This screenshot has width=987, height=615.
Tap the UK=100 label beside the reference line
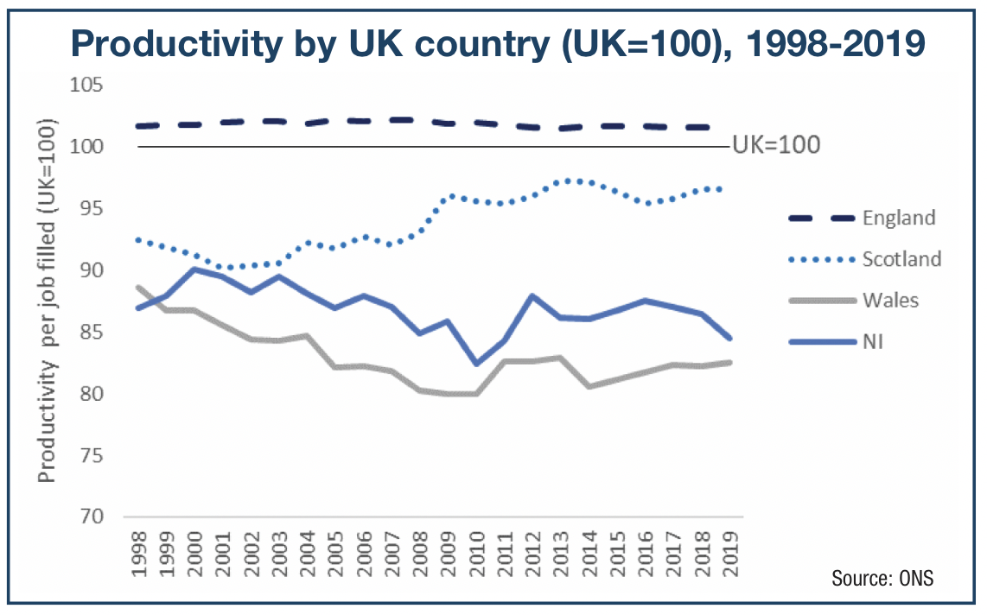pyautogui.click(x=775, y=144)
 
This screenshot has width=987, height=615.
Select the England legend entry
pyautogui.click(x=898, y=218)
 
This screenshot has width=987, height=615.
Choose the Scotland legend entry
pyautogui.click(x=901, y=258)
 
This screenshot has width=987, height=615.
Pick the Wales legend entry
pyautogui.click(x=889, y=300)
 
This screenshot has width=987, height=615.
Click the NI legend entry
pyautogui.click(x=873, y=341)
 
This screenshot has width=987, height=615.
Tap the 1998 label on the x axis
pyautogui.click(x=138, y=556)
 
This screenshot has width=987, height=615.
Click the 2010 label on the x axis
pyautogui.click(x=477, y=556)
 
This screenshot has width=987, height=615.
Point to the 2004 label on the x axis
pyautogui.click(x=308, y=556)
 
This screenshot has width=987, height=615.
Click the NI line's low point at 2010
pyautogui.click(x=476, y=364)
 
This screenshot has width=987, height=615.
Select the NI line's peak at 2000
pyautogui.click(x=194, y=269)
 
